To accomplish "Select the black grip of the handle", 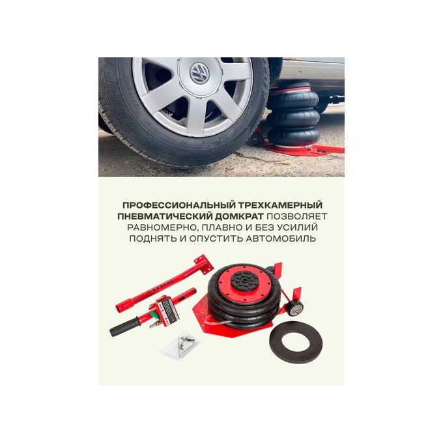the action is [x=125, y=326].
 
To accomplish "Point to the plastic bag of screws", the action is [x=181, y=345].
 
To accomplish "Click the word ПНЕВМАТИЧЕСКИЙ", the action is [x=164, y=216].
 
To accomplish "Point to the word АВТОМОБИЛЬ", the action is [x=281, y=238].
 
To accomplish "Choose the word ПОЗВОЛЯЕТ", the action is [x=297, y=216].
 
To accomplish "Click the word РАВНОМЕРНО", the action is [x=162, y=228].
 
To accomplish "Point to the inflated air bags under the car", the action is [x=293, y=115].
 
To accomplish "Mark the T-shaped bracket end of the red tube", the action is [x=203, y=264].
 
